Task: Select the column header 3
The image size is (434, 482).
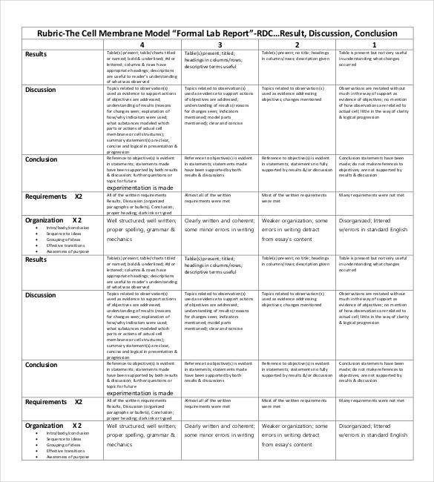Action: click(x=220, y=45)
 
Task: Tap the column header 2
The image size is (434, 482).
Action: click(x=297, y=45)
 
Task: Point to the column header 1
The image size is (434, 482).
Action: click(x=374, y=45)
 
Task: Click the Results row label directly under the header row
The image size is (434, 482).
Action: click(x=36, y=54)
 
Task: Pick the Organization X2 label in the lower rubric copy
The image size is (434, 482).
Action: click(x=53, y=426)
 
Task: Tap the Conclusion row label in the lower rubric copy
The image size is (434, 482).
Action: click(x=42, y=364)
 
